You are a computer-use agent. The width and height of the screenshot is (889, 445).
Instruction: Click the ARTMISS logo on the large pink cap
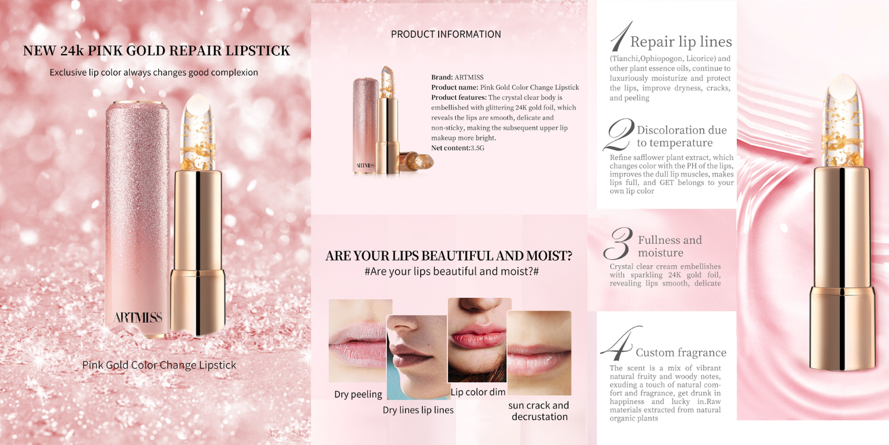pyautogui.click(x=137, y=317)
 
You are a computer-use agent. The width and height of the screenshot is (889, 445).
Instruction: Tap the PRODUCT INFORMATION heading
pyautogui.click(x=446, y=34)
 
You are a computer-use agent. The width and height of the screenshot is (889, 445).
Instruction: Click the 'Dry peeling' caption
pyautogui.click(x=358, y=394)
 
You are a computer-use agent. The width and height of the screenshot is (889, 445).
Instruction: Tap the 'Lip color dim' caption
pyautogui.click(x=478, y=392)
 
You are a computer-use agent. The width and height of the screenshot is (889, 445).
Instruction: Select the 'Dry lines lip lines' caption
pyautogui.click(x=418, y=410)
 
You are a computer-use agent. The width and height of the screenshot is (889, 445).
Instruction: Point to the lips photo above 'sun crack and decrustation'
pyautogui.click(x=539, y=353)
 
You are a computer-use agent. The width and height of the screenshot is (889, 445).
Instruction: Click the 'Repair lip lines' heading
pyautogui.click(x=681, y=42)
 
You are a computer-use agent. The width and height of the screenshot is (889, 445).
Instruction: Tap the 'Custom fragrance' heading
pyautogui.click(x=681, y=352)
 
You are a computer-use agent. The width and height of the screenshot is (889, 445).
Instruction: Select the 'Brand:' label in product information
pyautogui.click(x=442, y=77)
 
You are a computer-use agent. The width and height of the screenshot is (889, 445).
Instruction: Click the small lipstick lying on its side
pyautogui.click(x=417, y=161)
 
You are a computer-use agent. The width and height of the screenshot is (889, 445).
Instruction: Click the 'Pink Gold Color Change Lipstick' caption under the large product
pyautogui.click(x=159, y=365)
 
